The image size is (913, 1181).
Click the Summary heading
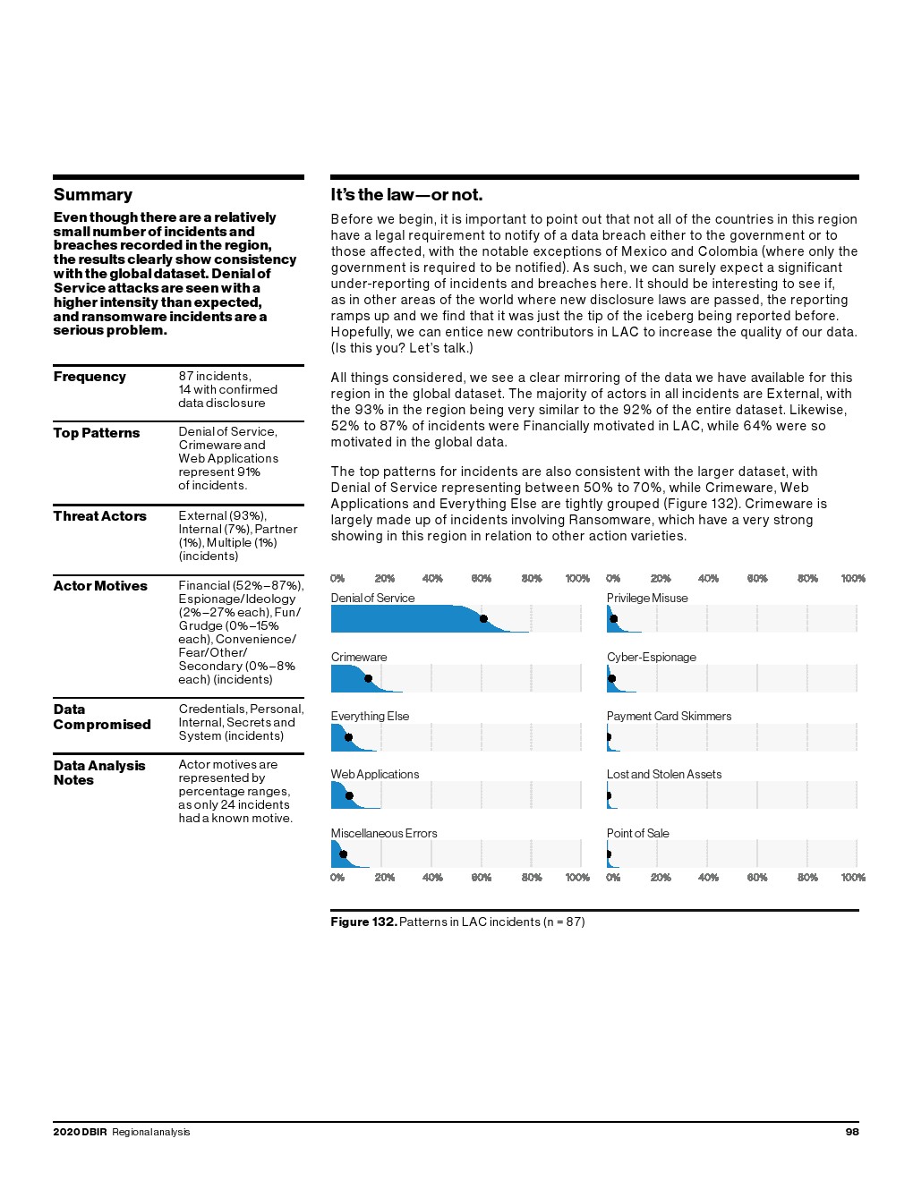tap(92, 195)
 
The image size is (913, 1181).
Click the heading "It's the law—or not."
tap(406, 195)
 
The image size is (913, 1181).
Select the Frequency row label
tap(90, 377)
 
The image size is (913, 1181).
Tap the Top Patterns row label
tap(97, 433)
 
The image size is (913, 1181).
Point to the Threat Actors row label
tap(99, 516)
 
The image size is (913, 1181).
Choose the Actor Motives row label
tap(100, 586)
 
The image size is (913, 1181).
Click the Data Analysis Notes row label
tap(98, 773)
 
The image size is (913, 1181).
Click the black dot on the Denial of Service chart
tap(483, 618)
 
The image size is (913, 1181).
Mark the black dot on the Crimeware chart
tap(368, 678)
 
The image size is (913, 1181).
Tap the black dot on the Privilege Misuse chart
tap(614, 618)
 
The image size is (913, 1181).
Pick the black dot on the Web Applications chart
tap(349, 795)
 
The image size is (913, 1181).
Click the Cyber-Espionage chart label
tap(651, 658)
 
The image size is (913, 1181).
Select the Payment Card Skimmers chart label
tap(669, 717)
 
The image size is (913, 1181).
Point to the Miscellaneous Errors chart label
tap(384, 834)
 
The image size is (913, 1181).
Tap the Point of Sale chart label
tap(637, 834)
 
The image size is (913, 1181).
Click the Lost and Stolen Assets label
tap(663, 775)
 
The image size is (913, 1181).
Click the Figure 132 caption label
tap(363, 922)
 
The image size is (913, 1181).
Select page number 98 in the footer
tap(852, 1132)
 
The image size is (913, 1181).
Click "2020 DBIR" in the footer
tap(80, 1132)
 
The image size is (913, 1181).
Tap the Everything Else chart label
tap(370, 717)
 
